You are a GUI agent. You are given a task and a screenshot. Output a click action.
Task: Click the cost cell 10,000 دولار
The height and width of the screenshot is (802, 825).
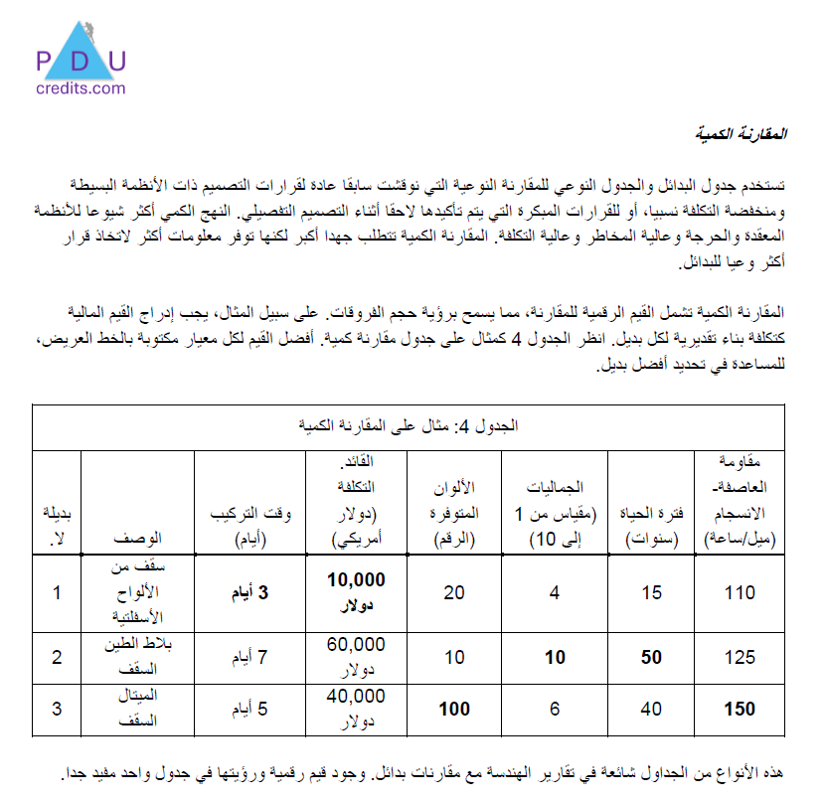[x=355, y=592]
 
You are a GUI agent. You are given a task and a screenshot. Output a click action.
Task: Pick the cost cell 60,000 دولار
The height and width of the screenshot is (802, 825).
[x=355, y=655]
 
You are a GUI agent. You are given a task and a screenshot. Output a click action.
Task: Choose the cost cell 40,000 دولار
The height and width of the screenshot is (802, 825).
[x=355, y=709]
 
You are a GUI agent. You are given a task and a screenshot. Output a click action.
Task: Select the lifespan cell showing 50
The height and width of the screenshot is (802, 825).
[x=651, y=656]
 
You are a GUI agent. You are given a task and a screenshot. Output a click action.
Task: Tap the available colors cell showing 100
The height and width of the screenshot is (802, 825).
[x=455, y=709]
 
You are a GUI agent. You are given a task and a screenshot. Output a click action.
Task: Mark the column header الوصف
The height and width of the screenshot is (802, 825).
[x=138, y=538]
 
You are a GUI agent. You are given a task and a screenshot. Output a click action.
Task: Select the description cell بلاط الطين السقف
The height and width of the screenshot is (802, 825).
[x=138, y=656]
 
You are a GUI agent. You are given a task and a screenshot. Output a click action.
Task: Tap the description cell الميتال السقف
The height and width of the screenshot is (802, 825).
[x=138, y=709]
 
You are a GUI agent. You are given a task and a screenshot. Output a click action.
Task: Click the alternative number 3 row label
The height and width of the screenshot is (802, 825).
[x=57, y=709]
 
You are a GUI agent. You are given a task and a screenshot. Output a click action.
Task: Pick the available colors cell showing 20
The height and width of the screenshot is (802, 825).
[x=455, y=593]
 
